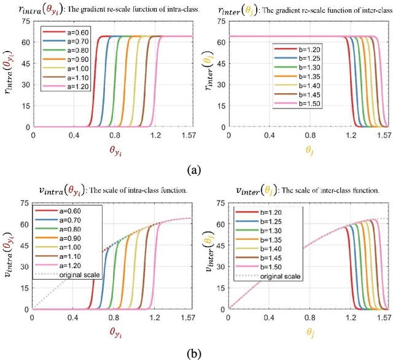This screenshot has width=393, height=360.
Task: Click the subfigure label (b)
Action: point(196,354)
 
